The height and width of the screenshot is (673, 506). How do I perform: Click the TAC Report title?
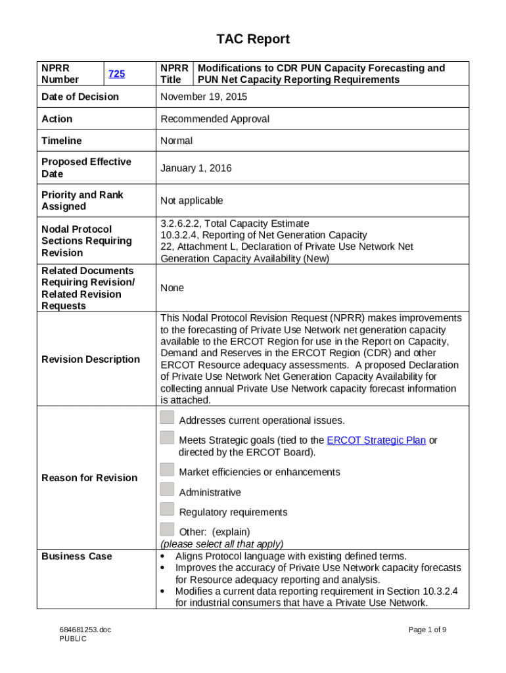[253, 39]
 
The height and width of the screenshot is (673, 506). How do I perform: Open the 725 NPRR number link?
[116, 74]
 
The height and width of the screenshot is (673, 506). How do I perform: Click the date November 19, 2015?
[204, 97]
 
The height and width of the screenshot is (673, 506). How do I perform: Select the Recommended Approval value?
[215, 119]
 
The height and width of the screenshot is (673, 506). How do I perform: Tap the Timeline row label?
[62, 141]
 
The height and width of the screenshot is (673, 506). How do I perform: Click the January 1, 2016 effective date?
[196, 168]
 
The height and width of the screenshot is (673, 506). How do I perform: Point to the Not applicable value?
[192, 200]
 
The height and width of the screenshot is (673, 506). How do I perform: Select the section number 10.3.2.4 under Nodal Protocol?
[181, 235]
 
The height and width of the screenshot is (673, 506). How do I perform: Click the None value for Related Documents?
[172, 288]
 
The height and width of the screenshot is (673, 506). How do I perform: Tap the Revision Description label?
[91, 359]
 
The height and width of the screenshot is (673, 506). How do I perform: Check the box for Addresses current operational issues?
[167, 417]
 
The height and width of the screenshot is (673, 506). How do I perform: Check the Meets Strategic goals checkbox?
[167, 438]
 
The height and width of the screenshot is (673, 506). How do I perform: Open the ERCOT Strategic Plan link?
[376, 440]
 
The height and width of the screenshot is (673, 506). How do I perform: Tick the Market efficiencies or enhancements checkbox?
[167, 469]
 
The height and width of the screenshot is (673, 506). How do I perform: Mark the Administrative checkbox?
[167, 490]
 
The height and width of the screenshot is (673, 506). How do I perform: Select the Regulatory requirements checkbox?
[167, 509]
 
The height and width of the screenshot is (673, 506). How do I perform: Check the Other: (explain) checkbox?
[167, 529]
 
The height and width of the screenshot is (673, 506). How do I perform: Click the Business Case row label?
[77, 556]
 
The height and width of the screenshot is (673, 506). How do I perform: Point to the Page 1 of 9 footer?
[427, 630]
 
